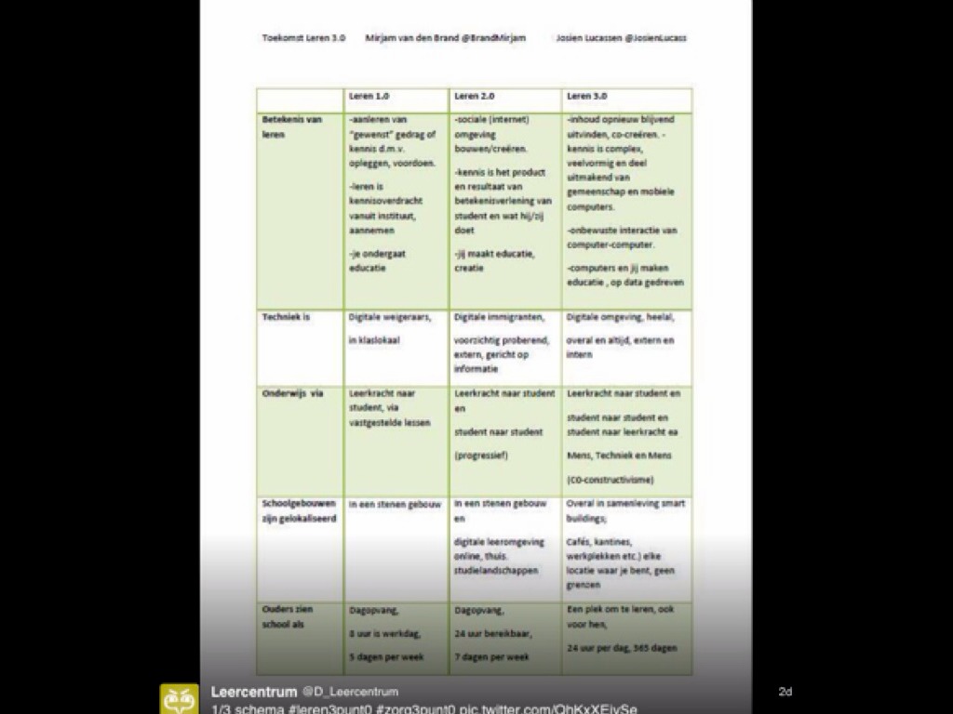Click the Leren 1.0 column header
(369, 96)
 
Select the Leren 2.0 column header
(474, 96)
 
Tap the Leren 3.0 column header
(586, 96)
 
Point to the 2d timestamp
(785, 692)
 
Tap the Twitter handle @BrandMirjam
(494, 38)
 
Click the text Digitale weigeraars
(389, 317)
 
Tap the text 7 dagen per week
(492, 656)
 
